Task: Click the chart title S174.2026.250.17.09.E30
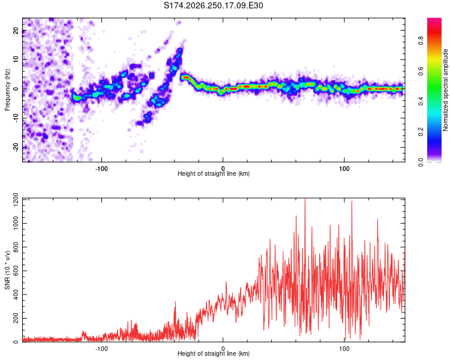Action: (213, 5)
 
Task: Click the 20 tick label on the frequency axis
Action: (16, 31)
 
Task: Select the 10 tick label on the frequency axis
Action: (16, 60)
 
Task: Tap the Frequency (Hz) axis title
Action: (7, 89)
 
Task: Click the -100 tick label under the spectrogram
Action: (101, 169)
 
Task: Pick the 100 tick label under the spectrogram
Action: (344, 169)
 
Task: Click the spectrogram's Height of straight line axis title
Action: (214, 173)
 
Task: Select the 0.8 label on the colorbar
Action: (421, 40)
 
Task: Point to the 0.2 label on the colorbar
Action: (421, 132)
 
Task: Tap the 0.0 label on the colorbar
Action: (421, 163)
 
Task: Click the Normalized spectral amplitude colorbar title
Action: (445, 90)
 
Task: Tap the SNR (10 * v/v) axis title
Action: (7, 270)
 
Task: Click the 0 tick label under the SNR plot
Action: (223, 349)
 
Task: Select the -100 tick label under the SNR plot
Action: (101, 349)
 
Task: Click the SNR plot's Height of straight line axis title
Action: (214, 353)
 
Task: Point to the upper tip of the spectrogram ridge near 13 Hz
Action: (180, 49)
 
